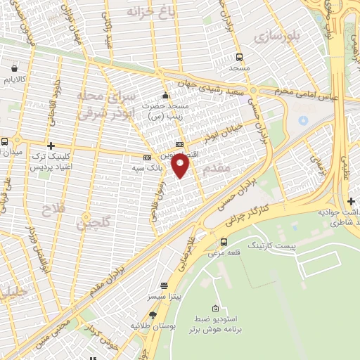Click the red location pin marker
(x=181, y=166)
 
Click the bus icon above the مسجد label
(x=240, y=57)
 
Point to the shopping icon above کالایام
(x=15, y=69)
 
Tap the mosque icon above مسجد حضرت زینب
(x=165, y=96)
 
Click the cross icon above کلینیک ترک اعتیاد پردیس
(x=51, y=145)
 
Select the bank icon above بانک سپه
(x=147, y=157)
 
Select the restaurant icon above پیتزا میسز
(x=165, y=286)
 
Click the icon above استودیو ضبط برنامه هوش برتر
(x=215, y=309)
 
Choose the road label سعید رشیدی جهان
(x=216, y=92)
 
